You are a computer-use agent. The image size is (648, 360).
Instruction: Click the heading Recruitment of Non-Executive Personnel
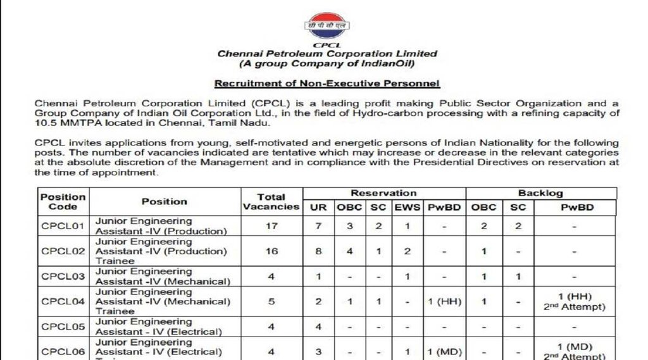coord(327,84)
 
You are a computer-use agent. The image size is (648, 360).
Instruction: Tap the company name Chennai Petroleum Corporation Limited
coord(327,54)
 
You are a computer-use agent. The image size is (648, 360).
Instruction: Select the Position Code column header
coord(63,201)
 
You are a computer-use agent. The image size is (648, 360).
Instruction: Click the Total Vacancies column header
coord(271,201)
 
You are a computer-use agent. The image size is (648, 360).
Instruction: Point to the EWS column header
coord(408,208)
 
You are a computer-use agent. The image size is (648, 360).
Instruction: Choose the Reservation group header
coord(384,193)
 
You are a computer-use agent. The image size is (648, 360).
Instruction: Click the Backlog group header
coord(540,193)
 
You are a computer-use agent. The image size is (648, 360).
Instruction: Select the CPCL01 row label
coord(63,226)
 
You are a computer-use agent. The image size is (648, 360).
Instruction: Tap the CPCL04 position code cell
coord(63,302)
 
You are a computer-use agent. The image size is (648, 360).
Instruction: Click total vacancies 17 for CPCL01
coord(271,226)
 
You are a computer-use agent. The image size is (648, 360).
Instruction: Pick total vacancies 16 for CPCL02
coord(271,251)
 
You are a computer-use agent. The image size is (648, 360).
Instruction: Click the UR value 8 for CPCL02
coord(318,251)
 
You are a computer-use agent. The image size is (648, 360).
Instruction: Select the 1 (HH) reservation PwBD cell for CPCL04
coord(444,302)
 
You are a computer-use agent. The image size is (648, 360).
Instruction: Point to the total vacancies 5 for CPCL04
coord(271,302)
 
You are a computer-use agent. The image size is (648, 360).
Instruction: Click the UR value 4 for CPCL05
coord(318,327)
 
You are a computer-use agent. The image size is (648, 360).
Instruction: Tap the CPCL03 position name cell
coord(162,276)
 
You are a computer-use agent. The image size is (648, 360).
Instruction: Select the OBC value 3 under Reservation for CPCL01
coord(349,226)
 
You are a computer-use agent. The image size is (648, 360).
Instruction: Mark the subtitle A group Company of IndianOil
coord(327,64)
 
